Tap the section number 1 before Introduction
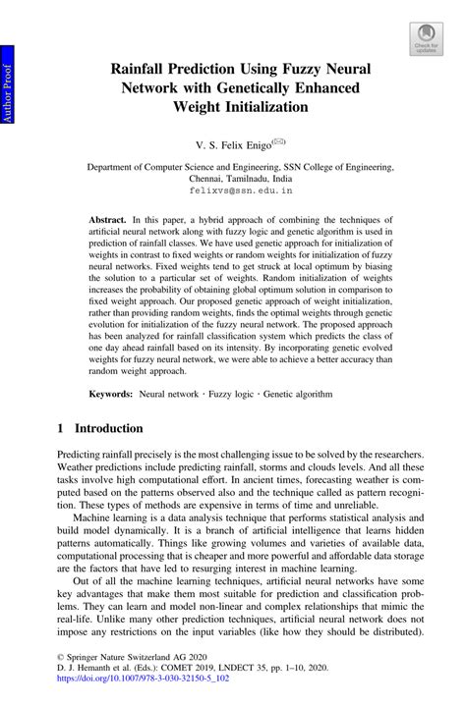click(x=61, y=429)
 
